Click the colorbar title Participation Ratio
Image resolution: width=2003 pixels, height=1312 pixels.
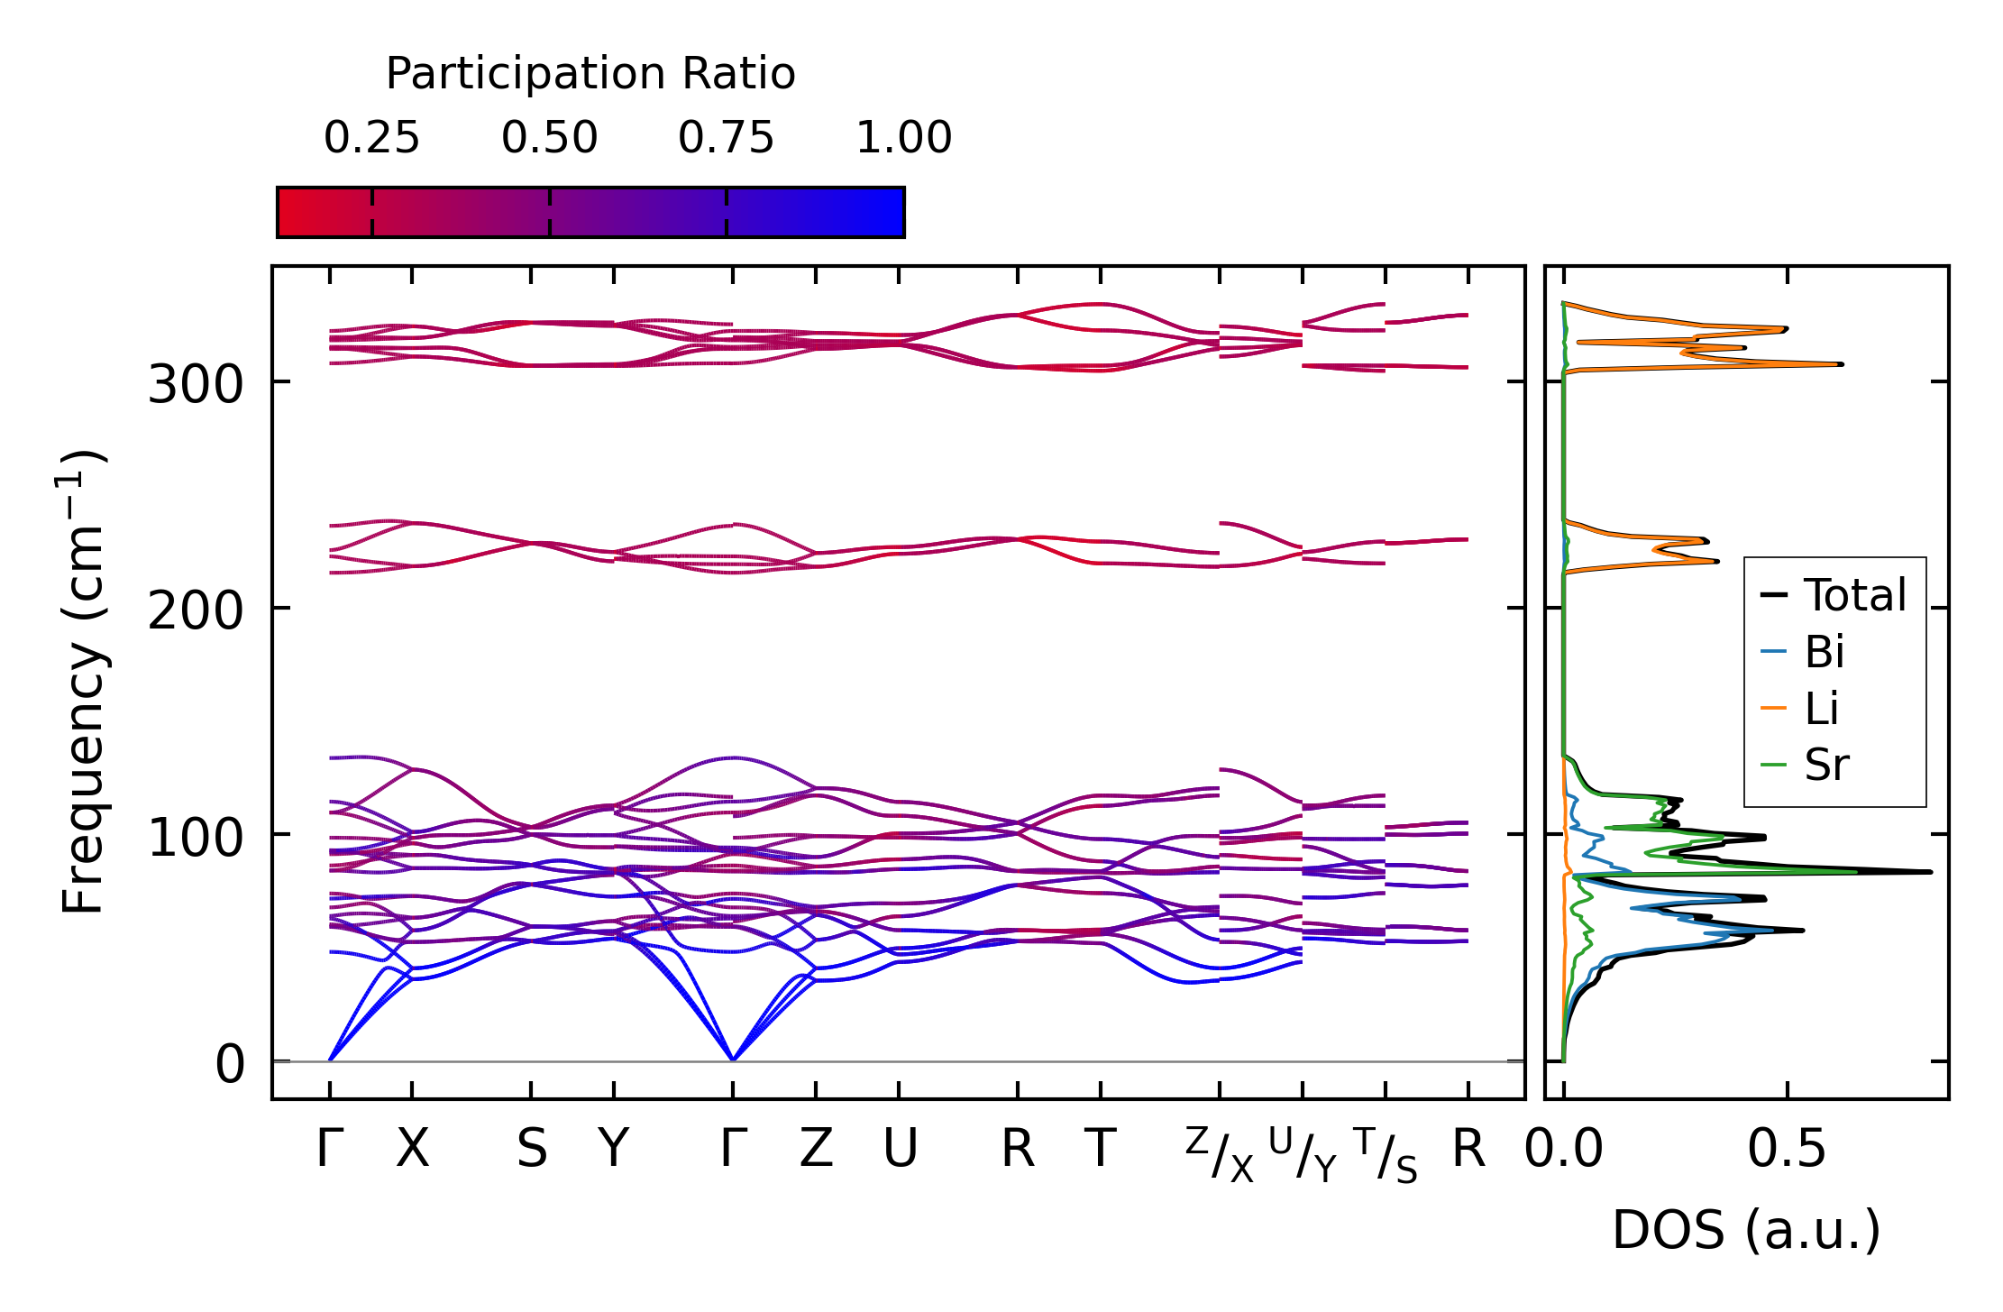pyautogui.click(x=590, y=74)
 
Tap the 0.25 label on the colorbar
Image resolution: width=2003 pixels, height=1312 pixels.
pyautogui.click(x=371, y=138)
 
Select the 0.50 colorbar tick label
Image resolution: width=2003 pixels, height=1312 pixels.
pyautogui.click(x=549, y=138)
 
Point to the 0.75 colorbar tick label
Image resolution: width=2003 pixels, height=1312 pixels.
pyautogui.click(x=726, y=138)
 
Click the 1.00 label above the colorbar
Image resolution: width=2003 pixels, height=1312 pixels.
pyautogui.click(x=903, y=138)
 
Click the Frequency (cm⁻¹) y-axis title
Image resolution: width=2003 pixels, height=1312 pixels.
pyautogui.click(x=83, y=683)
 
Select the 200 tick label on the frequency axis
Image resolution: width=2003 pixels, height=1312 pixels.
pyautogui.click(x=195, y=611)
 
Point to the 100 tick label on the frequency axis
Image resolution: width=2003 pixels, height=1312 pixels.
pyautogui.click(x=195, y=838)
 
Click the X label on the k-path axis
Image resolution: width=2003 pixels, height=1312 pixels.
pyautogui.click(x=412, y=1149)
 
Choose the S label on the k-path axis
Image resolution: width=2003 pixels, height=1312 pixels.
pyautogui.click(x=531, y=1149)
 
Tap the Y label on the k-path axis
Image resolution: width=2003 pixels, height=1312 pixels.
pyautogui.click(x=614, y=1149)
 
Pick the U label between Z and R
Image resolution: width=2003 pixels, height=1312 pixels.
pyautogui.click(x=899, y=1149)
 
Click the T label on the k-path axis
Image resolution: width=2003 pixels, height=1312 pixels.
pyautogui.click(x=1100, y=1149)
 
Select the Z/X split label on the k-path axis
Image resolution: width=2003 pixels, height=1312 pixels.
pyautogui.click(x=1219, y=1154)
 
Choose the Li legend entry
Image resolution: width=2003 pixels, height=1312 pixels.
pyautogui.click(x=1822, y=709)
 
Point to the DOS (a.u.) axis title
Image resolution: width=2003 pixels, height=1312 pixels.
pyautogui.click(x=1746, y=1230)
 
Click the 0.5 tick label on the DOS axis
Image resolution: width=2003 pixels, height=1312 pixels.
pyautogui.click(x=1786, y=1150)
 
